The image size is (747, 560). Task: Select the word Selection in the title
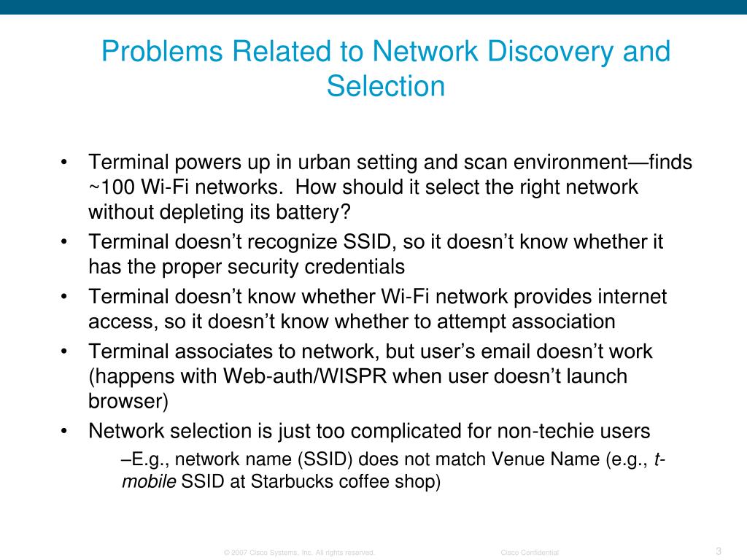pos(386,86)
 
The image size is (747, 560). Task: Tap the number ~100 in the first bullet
pos(112,187)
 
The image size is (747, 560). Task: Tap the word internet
pos(625,297)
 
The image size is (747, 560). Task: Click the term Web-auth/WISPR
pos(304,376)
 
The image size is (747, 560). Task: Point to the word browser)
pos(128,401)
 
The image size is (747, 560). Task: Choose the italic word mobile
pos(148,482)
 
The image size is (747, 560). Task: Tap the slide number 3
pos(719,551)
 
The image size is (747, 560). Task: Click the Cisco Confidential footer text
pos(530,553)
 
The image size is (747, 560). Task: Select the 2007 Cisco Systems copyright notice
pos(300,553)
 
